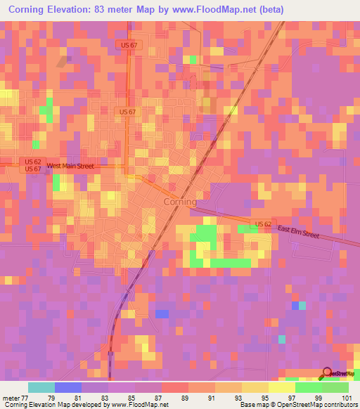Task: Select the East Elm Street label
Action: pos(300,233)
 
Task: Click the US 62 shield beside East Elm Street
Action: pos(263,224)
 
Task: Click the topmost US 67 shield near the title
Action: pos(127,44)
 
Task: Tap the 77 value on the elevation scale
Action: pos(27,398)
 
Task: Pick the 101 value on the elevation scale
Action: pos(348,398)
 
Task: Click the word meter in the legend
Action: pos(11,398)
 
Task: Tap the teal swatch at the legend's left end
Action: pos(41,387)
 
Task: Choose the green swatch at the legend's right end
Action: pos(335,387)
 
